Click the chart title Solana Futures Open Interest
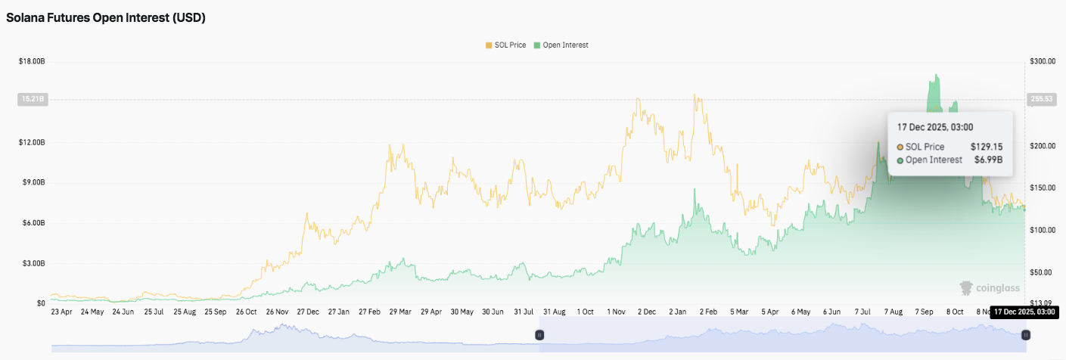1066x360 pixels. (x=106, y=18)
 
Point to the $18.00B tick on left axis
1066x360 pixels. (x=32, y=61)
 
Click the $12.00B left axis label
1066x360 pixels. (x=32, y=142)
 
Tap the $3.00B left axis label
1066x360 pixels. (x=32, y=263)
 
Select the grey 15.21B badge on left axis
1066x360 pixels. (x=32, y=98)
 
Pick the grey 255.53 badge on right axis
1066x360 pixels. (x=1043, y=98)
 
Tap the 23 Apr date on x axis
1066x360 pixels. (x=61, y=311)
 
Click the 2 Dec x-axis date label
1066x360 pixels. (x=647, y=311)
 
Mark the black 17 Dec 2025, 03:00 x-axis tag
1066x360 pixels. (x=1025, y=312)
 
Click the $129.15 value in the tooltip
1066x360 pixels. (x=987, y=147)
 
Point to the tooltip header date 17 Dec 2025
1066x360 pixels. (x=934, y=127)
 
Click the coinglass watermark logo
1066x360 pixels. (x=989, y=288)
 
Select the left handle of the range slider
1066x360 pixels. (x=539, y=334)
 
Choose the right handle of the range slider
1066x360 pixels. (x=1025, y=334)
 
